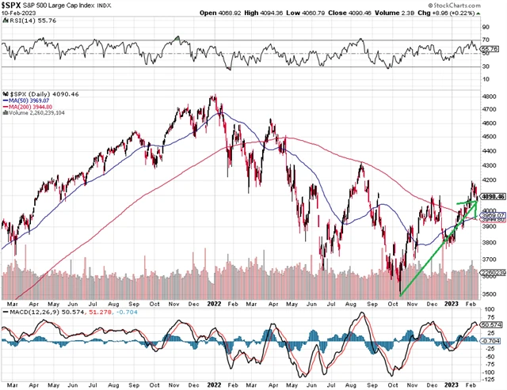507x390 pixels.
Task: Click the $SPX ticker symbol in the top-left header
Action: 15,5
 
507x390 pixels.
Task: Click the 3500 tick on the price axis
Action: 492,294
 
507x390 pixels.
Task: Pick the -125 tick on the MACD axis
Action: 491,369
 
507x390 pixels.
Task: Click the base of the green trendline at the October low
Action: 400,296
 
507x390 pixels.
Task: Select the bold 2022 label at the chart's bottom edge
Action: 215,302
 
